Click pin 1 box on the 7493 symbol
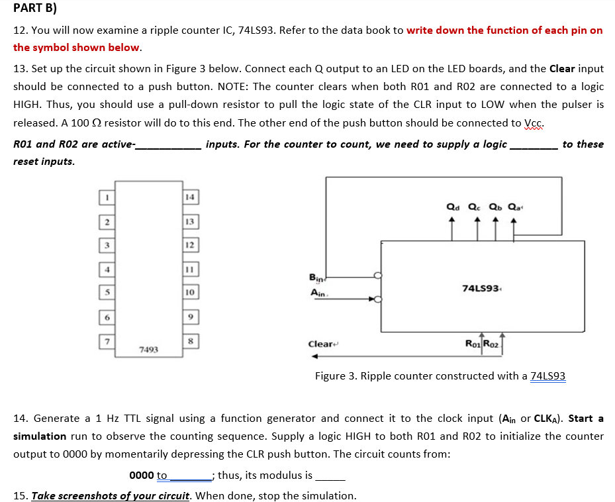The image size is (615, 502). [x=105, y=196]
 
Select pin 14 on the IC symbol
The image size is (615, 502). [x=190, y=196]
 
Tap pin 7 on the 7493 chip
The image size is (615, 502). [x=105, y=341]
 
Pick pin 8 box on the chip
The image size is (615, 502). [x=190, y=341]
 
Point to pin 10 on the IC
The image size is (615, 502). [x=190, y=293]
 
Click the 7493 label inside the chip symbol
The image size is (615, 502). [x=148, y=348]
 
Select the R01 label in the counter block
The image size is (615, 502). [x=473, y=343]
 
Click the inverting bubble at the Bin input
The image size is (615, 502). [x=378, y=276]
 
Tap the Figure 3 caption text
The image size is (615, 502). [x=440, y=376]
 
